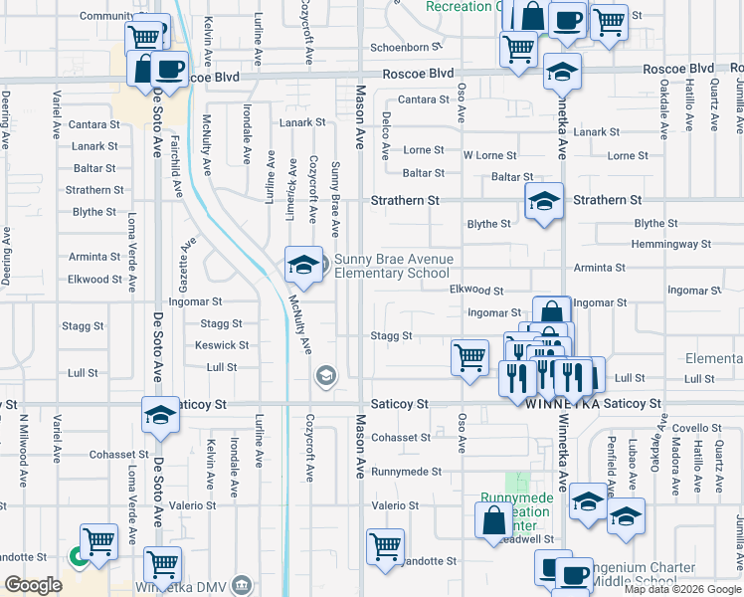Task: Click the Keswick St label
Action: pos(222,345)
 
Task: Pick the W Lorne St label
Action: pos(489,155)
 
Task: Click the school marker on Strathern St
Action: pos(544,202)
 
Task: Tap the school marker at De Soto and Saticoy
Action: pos(159,416)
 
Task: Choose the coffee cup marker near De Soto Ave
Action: pos(169,68)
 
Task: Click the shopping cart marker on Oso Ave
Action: pos(469,356)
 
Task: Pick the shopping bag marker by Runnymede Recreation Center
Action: pos(494,520)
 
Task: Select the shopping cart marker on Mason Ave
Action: pos(385,545)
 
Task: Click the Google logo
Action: pos(34,585)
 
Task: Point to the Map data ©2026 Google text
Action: pos(682,589)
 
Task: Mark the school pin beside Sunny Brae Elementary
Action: pos(304,265)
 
